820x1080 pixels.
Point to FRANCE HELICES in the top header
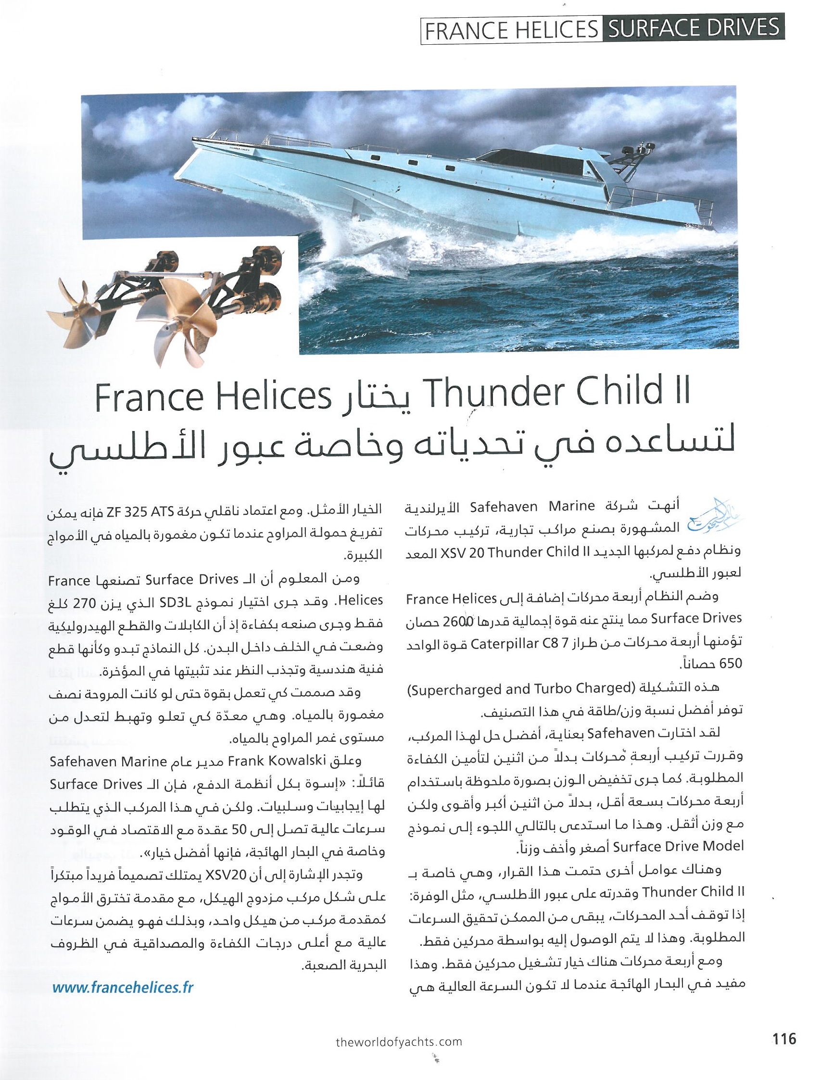pos(511,29)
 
